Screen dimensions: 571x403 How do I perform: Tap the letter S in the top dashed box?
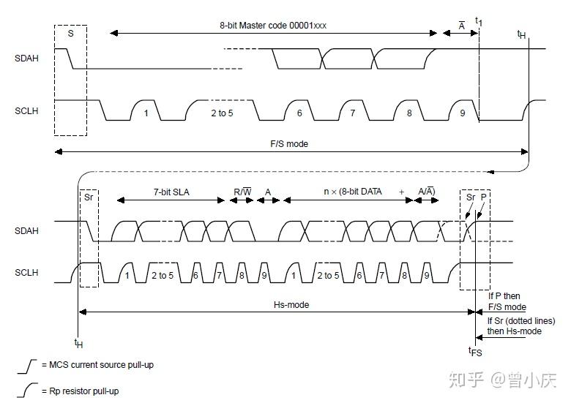coord(70,33)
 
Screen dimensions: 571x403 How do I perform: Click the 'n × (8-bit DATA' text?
coord(353,192)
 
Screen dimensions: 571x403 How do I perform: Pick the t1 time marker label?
coord(479,22)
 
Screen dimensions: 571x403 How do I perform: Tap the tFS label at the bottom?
coord(475,352)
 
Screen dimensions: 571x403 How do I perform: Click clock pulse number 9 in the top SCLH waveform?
coord(462,113)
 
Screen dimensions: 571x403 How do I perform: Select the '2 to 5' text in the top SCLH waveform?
coord(222,113)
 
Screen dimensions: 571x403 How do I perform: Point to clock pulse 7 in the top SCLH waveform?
coord(352,113)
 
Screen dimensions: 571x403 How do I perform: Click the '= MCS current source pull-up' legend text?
coord(97,364)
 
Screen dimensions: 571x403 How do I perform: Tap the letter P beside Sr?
coord(483,197)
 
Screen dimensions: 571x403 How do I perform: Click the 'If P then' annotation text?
coord(504,296)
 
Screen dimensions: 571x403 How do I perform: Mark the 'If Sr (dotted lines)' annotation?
coord(521,321)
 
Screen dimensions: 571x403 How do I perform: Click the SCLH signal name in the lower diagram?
coord(26,273)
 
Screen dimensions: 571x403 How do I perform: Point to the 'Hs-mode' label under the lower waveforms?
coord(291,305)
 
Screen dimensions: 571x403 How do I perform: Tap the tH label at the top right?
coord(521,34)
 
